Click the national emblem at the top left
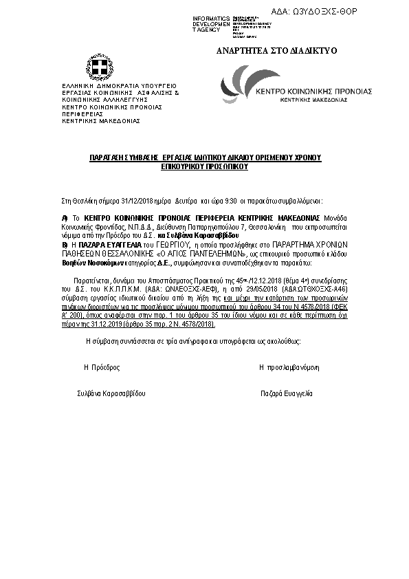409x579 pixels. click(98, 67)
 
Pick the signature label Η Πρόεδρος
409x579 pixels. click(102, 368)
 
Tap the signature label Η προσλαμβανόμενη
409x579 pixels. click(289, 368)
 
